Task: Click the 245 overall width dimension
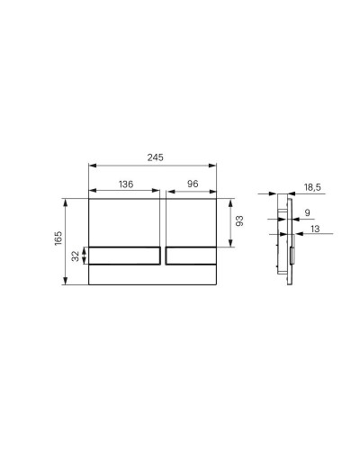coord(154,157)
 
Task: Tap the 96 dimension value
coord(191,184)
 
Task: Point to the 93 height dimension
coord(238,220)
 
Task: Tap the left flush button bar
coord(125,256)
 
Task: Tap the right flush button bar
coord(191,256)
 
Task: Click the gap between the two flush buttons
coord(163,256)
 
